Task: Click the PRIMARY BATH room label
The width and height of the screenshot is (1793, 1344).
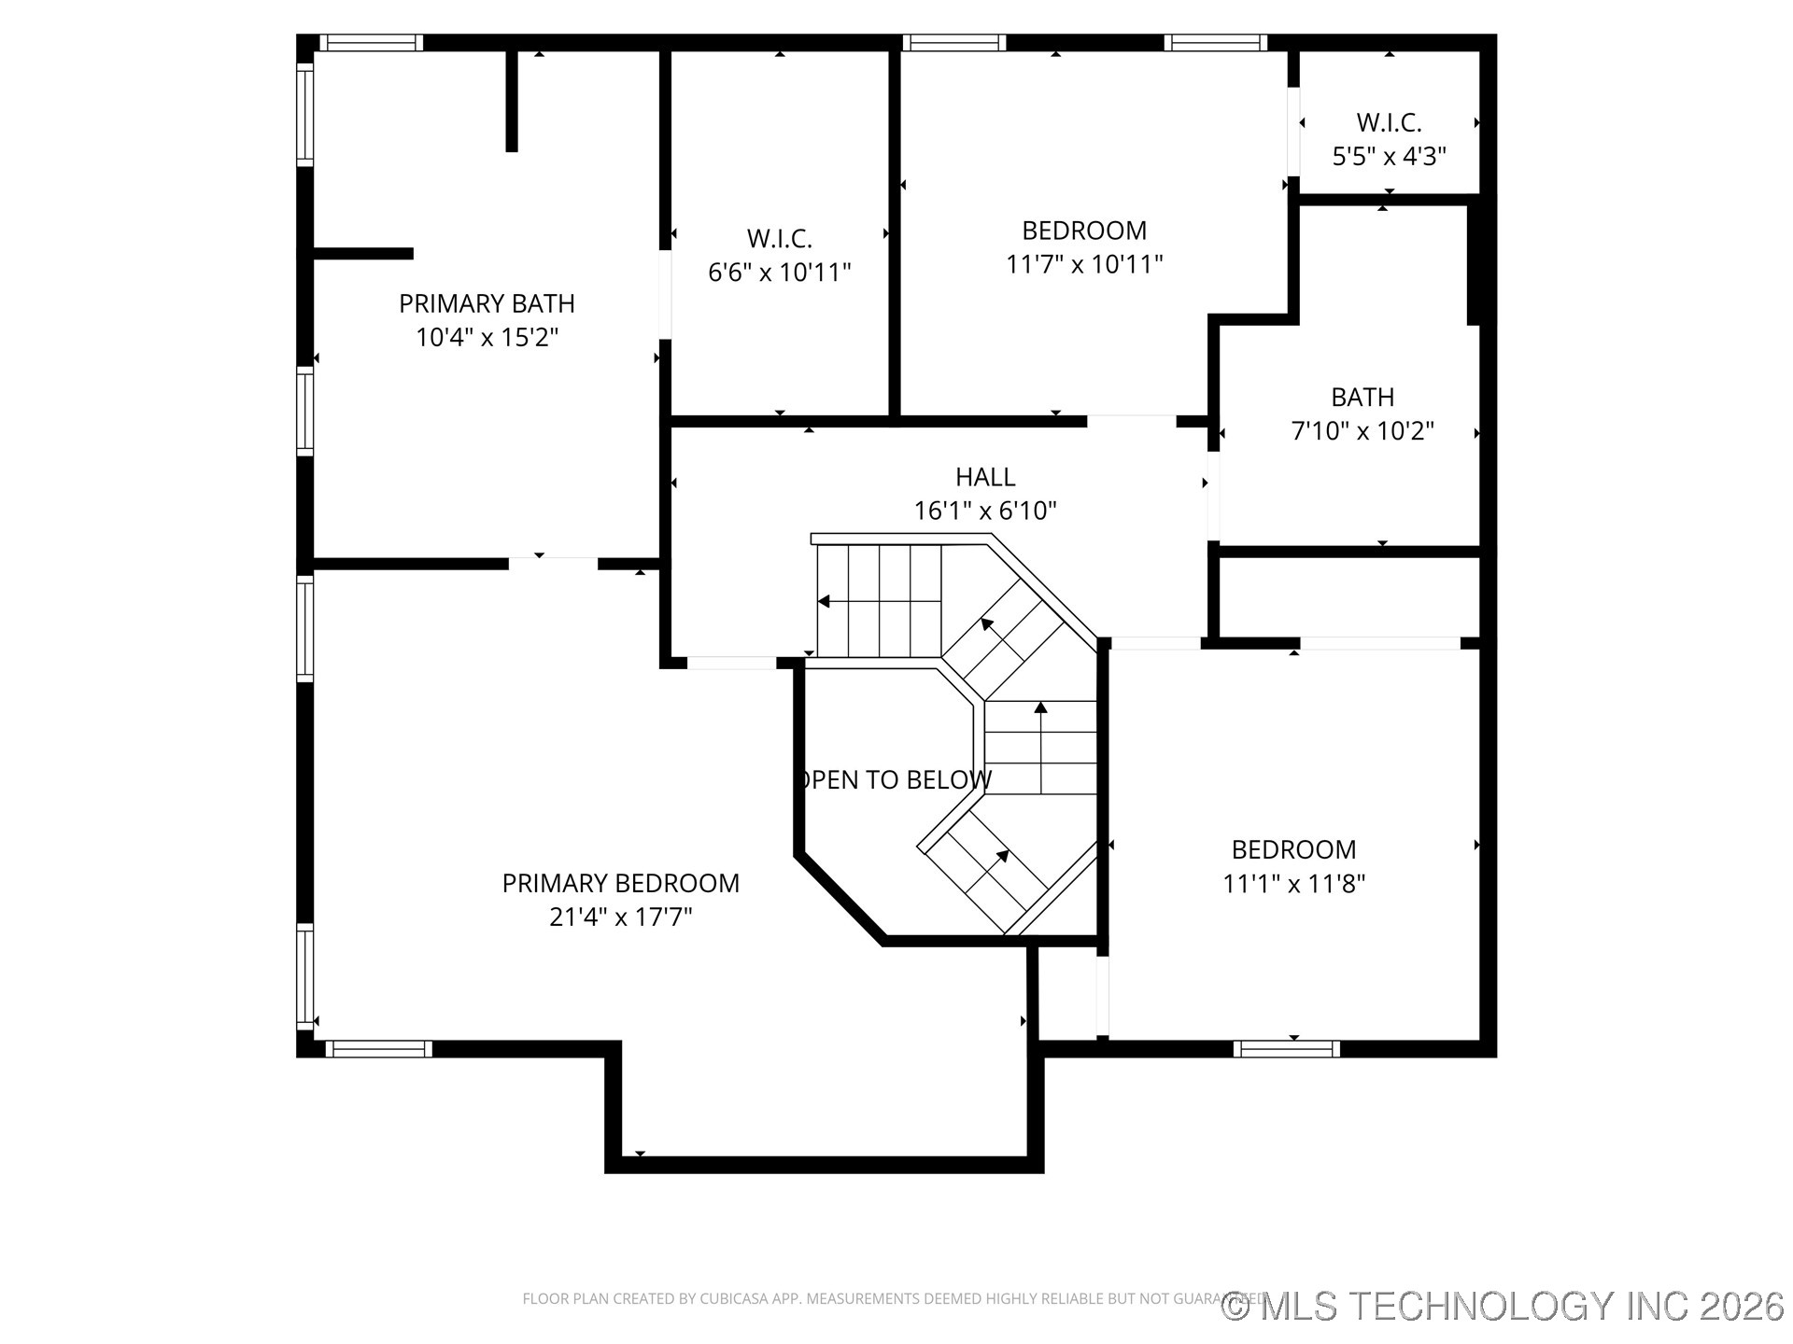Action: tap(487, 303)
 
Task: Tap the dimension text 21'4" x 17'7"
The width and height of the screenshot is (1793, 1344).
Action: tap(620, 917)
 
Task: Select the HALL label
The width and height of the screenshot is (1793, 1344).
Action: tap(985, 477)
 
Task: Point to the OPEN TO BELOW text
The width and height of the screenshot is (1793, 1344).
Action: tap(895, 779)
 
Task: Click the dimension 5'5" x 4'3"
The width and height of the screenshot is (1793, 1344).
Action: tap(1389, 156)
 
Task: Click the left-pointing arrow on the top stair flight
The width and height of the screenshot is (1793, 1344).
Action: tap(825, 601)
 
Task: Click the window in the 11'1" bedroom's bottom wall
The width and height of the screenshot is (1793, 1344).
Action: tap(1286, 1049)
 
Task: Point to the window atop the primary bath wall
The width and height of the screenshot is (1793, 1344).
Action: tap(371, 43)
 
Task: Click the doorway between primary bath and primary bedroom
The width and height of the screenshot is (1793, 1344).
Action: tap(553, 563)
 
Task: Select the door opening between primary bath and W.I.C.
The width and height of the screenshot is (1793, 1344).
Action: tap(665, 295)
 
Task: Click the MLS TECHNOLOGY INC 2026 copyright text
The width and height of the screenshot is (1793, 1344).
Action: tap(1503, 1306)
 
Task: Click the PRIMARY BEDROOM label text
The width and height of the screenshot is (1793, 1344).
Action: tap(620, 883)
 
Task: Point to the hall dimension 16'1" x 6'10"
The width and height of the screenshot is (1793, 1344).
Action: tap(985, 511)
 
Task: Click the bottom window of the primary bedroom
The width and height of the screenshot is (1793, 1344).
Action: tap(378, 1049)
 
